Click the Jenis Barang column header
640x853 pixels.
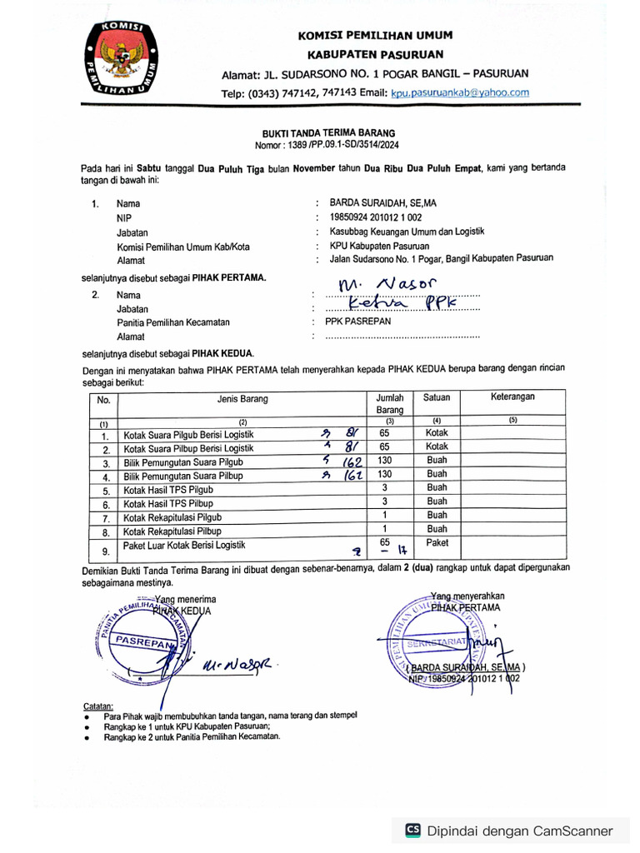click(x=242, y=398)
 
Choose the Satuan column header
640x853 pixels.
click(x=437, y=398)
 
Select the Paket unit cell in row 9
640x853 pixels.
click(x=437, y=543)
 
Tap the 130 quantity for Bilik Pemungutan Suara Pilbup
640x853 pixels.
click(x=384, y=475)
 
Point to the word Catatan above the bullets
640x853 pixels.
click(x=97, y=705)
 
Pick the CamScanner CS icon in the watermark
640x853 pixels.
click(x=412, y=830)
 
